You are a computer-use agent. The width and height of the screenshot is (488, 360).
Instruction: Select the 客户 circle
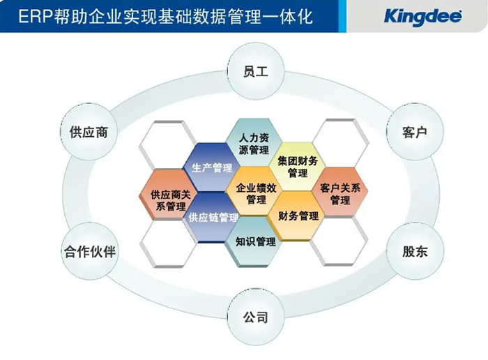(x=414, y=133)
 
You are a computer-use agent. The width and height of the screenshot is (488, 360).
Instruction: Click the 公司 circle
(x=255, y=317)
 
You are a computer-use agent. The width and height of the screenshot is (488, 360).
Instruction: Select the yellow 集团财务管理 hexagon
(x=298, y=167)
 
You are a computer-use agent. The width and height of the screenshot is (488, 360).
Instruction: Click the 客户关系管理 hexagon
(x=340, y=193)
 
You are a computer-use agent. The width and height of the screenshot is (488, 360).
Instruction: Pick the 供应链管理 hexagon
(x=212, y=218)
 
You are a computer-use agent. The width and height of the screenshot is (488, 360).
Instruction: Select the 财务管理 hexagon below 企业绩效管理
(x=298, y=216)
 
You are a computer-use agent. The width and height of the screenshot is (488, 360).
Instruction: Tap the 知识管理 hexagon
(x=255, y=241)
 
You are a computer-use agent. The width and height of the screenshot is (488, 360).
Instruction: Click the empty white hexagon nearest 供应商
(x=167, y=144)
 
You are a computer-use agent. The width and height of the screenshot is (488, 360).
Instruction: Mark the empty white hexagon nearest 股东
(x=340, y=241)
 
